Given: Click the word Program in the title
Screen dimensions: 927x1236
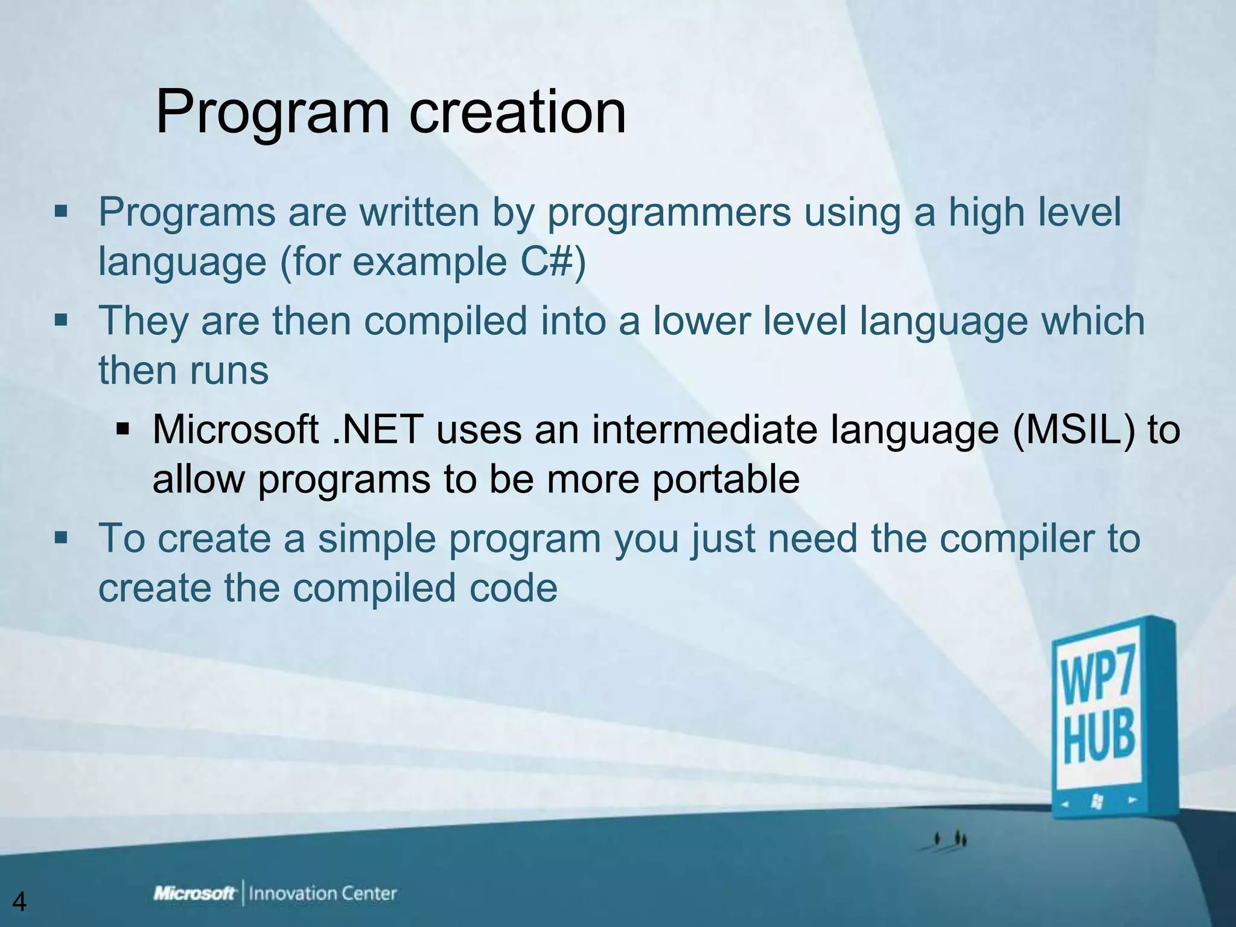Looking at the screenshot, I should coord(272,113).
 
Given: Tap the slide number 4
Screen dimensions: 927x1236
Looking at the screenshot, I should coord(19,902).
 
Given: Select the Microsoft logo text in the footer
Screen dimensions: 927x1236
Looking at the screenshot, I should coord(194,893).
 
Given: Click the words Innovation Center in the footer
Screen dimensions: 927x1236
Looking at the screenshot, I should coord(323,893).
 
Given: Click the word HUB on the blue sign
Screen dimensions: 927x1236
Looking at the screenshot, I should coord(1099,736).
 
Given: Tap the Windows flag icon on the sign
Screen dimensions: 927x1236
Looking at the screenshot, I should coord(1098,801).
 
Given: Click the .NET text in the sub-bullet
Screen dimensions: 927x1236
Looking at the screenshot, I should coord(378,430).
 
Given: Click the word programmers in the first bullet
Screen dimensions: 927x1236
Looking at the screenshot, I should coord(669,212).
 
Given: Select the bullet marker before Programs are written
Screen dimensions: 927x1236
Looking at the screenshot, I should coord(60,212).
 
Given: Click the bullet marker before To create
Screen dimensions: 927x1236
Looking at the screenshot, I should coord(60,537).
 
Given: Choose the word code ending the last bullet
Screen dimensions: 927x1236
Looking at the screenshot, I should coord(514,588).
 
